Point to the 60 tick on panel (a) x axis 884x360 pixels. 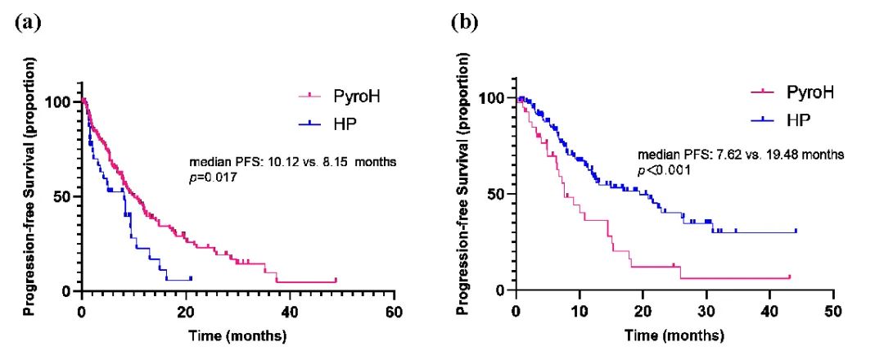394,312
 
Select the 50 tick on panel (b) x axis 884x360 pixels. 833,312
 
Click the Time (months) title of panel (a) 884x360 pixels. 237,335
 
